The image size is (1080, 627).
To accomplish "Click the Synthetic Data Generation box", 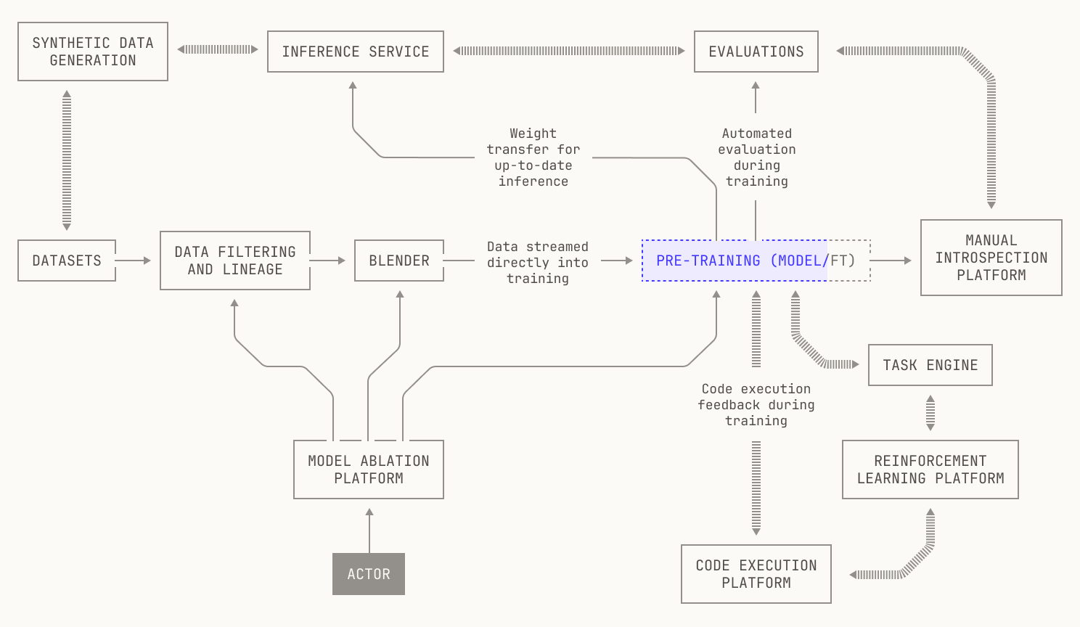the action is pyautogui.click(x=93, y=52).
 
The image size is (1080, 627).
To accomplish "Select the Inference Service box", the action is pyautogui.click(x=356, y=52).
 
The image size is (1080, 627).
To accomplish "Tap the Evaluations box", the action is pyautogui.click(x=756, y=52).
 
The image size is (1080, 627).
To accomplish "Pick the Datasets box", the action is pyautogui.click(x=67, y=261).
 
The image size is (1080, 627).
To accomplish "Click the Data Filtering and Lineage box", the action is pyautogui.click(x=235, y=261).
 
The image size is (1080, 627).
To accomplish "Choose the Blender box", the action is pyautogui.click(x=399, y=261).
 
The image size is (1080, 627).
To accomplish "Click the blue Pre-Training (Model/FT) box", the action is pyautogui.click(x=756, y=261).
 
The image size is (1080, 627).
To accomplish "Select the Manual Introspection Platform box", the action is pyautogui.click(x=991, y=258).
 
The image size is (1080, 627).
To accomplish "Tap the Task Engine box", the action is pyautogui.click(x=930, y=365).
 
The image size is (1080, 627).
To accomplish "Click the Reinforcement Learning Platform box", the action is pyautogui.click(x=930, y=470).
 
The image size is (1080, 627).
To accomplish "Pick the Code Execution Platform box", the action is pyautogui.click(x=756, y=574).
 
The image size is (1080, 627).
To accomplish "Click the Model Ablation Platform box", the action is pyautogui.click(x=369, y=470).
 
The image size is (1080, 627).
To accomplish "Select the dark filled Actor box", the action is pyautogui.click(x=369, y=574).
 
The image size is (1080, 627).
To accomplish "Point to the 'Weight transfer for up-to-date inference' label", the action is pyautogui.click(x=533, y=157).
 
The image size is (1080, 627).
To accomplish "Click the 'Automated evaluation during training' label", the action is pyautogui.click(x=756, y=157).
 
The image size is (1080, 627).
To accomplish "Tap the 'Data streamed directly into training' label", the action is pyautogui.click(x=538, y=262).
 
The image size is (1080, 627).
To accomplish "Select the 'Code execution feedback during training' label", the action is pyautogui.click(x=756, y=405).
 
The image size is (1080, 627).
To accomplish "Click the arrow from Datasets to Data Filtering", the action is pyautogui.click(x=133, y=261).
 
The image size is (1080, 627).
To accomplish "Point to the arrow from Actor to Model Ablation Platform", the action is pyautogui.click(x=369, y=530).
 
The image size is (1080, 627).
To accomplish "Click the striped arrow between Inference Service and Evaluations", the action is pyautogui.click(x=569, y=51).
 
